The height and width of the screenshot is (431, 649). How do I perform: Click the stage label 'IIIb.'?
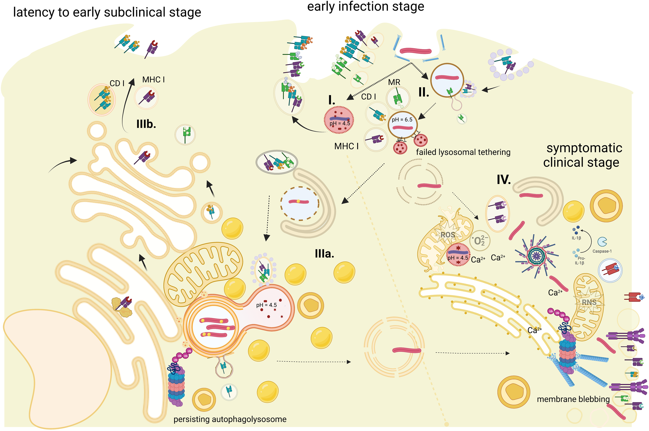pos(146,124)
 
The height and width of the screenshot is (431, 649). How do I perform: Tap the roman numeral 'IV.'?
pos(504,180)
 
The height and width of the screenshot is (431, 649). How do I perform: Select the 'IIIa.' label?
pos(324,254)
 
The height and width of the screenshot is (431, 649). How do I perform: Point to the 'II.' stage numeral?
pos(424,93)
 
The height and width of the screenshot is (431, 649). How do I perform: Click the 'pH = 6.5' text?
pos(402,120)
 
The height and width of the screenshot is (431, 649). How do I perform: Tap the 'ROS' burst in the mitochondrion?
pos(448,235)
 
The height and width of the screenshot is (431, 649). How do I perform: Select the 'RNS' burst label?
pos(589,302)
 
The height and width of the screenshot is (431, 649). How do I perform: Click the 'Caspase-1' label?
pos(602,251)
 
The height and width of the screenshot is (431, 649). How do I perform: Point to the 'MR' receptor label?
pos(394,82)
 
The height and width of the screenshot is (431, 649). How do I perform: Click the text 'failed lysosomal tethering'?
pos(463,152)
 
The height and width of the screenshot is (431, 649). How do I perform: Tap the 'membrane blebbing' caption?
pos(573,399)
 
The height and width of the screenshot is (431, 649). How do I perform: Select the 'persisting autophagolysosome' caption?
pos(230,419)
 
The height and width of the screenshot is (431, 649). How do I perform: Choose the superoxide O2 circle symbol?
pos(479,241)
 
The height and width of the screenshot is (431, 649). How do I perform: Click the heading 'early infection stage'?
pos(366,6)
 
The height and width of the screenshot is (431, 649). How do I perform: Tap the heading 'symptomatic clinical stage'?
pos(582,155)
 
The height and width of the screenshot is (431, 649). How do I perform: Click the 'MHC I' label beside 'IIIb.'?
pos(153,80)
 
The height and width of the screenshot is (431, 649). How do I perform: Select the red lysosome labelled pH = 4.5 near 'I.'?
pos(339,120)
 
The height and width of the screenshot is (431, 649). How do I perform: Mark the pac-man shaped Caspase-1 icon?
pos(602,242)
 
